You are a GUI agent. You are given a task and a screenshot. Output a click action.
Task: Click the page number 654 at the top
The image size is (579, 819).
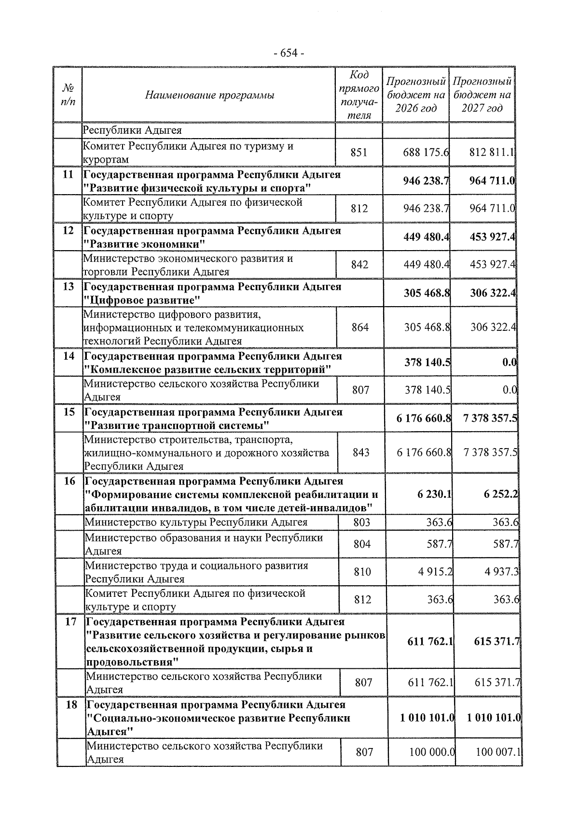coord(289,53)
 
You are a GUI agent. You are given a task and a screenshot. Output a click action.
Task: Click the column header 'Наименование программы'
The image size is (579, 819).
coord(209,95)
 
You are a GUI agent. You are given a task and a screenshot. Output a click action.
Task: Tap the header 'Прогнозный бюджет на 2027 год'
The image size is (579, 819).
coord(482,95)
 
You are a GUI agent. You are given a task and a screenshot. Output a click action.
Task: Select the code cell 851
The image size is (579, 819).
coord(359,153)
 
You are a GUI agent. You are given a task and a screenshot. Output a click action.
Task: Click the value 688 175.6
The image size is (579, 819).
coord(426,153)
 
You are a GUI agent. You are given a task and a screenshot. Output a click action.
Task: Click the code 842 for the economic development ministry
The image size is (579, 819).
coord(359,265)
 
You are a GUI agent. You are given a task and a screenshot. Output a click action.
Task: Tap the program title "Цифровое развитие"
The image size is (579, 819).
coord(142,300)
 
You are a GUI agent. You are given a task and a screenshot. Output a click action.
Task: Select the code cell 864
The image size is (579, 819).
coord(360,327)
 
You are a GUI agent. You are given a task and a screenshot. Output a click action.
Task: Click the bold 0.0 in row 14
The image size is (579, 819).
coord(509,363)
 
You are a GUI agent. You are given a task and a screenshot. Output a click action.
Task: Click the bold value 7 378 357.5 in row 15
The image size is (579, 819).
coord(490,418)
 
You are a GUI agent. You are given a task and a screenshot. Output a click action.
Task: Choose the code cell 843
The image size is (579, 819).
coord(361,453)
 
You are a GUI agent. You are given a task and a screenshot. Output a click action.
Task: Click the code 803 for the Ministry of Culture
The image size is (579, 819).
coord(362,522)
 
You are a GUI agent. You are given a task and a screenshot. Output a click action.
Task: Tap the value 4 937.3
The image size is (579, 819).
coord(502,572)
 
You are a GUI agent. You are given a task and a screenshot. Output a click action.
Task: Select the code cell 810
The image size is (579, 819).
coord(362,572)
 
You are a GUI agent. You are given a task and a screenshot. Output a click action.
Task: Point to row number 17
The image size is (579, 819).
coord(71,622)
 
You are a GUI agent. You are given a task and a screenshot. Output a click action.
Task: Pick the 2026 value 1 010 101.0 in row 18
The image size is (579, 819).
coord(427,718)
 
